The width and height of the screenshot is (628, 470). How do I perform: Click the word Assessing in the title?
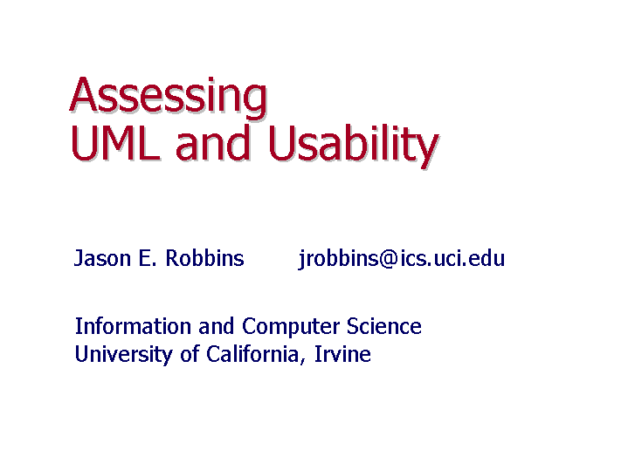[169, 97]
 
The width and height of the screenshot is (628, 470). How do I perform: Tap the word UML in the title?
[115, 142]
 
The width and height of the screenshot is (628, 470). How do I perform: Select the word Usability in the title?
[353, 146]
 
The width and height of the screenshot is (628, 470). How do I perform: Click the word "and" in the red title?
[213, 142]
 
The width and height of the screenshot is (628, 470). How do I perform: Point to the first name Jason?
[102, 258]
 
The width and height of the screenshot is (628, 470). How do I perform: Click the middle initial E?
[147, 258]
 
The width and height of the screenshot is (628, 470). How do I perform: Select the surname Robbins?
[204, 257]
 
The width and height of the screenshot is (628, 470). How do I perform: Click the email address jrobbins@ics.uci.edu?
[401, 259]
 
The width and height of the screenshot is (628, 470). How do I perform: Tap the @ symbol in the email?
[388, 259]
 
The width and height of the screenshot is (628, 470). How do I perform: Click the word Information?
[133, 326]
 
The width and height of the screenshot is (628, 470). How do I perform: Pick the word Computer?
[290, 327]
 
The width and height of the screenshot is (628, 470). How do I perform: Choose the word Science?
[383, 326]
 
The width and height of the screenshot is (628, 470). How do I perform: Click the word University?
[124, 355]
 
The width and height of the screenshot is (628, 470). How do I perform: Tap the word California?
[252, 354]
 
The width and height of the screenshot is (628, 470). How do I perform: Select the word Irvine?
[342, 354]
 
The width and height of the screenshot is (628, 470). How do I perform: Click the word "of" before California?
[190, 354]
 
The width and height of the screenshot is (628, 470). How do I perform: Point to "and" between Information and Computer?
[217, 326]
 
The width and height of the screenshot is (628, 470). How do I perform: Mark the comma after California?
[302, 361]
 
